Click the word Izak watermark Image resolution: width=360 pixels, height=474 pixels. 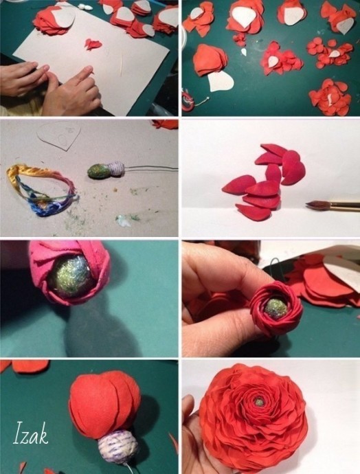click(30, 433)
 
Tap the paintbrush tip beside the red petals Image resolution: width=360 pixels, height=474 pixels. click(310, 205)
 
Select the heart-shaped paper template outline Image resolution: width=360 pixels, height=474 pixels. click(59, 135)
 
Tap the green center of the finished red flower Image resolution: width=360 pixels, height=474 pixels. click(258, 402)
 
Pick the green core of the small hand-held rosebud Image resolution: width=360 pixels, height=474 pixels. click(275, 308)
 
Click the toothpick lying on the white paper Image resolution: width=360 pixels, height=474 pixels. click(122, 65)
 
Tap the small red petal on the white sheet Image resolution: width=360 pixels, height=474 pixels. click(93, 44)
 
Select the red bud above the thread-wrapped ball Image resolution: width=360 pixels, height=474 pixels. click(104, 405)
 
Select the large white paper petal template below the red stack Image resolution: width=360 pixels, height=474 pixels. click(221, 81)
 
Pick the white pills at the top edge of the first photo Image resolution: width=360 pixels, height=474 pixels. click(86, 6)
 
